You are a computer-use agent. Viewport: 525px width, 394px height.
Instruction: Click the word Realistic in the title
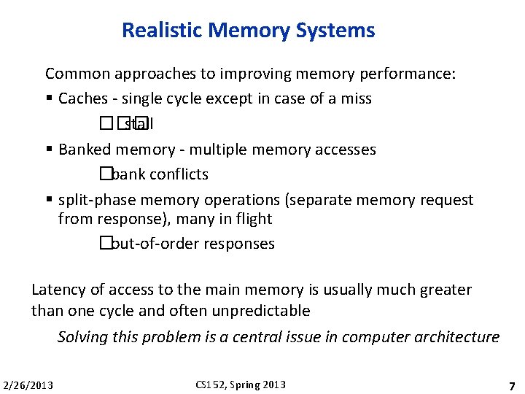click(x=162, y=31)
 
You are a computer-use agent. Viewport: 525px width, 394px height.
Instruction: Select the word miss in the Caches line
click(x=356, y=98)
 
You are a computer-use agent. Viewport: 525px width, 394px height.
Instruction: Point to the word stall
click(x=139, y=124)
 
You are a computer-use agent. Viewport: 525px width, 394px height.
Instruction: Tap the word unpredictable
click(x=261, y=311)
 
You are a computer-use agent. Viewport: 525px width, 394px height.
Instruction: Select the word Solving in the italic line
click(x=83, y=337)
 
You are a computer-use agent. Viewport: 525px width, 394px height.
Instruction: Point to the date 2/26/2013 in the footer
click(x=28, y=385)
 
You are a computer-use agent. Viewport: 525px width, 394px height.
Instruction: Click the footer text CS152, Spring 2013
click(x=241, y=385)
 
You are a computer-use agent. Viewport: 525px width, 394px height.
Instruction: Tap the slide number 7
click(x=512, y=385)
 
